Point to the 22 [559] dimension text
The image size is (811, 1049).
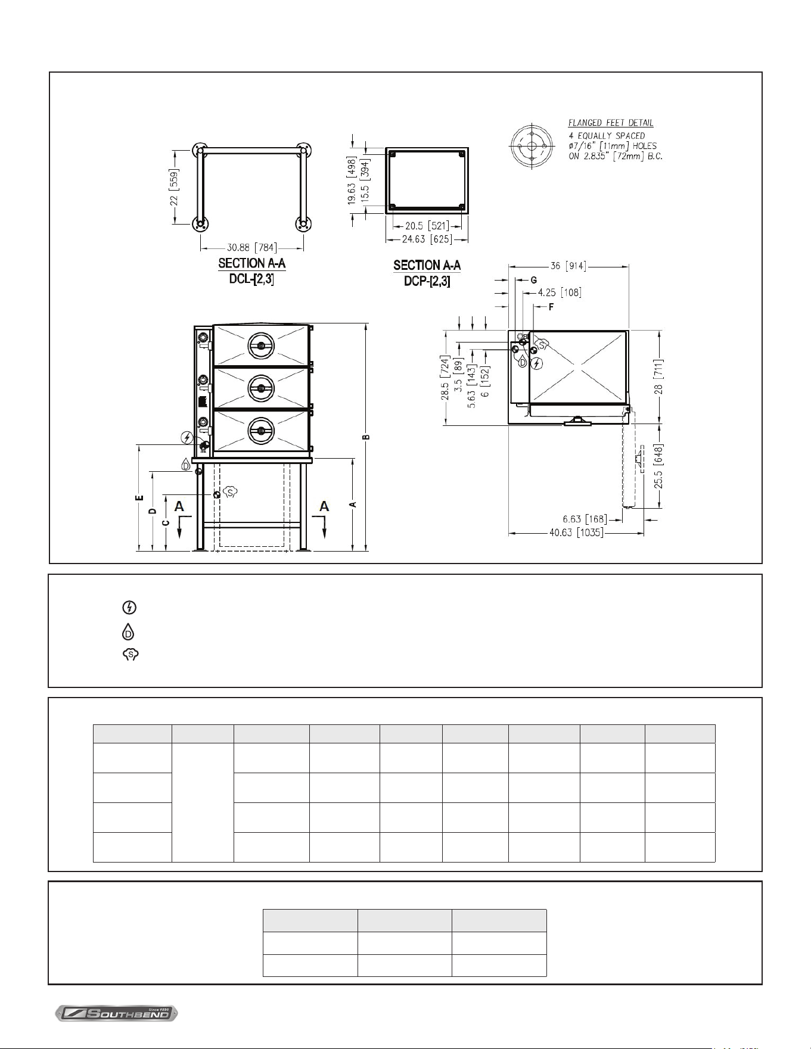(174, 186)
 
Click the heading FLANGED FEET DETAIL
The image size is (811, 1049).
(611, 123)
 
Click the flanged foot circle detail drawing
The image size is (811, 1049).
(531, 146)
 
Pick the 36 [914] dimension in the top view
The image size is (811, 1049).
(568, 266)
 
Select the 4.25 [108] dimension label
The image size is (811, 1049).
(560, 292)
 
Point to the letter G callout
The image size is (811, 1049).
(534, 280)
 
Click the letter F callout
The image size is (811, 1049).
(551, 307)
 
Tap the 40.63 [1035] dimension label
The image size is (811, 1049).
(576, 533)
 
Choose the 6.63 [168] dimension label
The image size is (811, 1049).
(585, 519)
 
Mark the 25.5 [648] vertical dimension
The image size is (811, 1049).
(658, 466)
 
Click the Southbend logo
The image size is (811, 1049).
(117, 1013)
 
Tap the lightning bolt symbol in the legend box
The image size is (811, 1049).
(129, 608)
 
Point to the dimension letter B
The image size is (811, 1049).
(367, 437)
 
